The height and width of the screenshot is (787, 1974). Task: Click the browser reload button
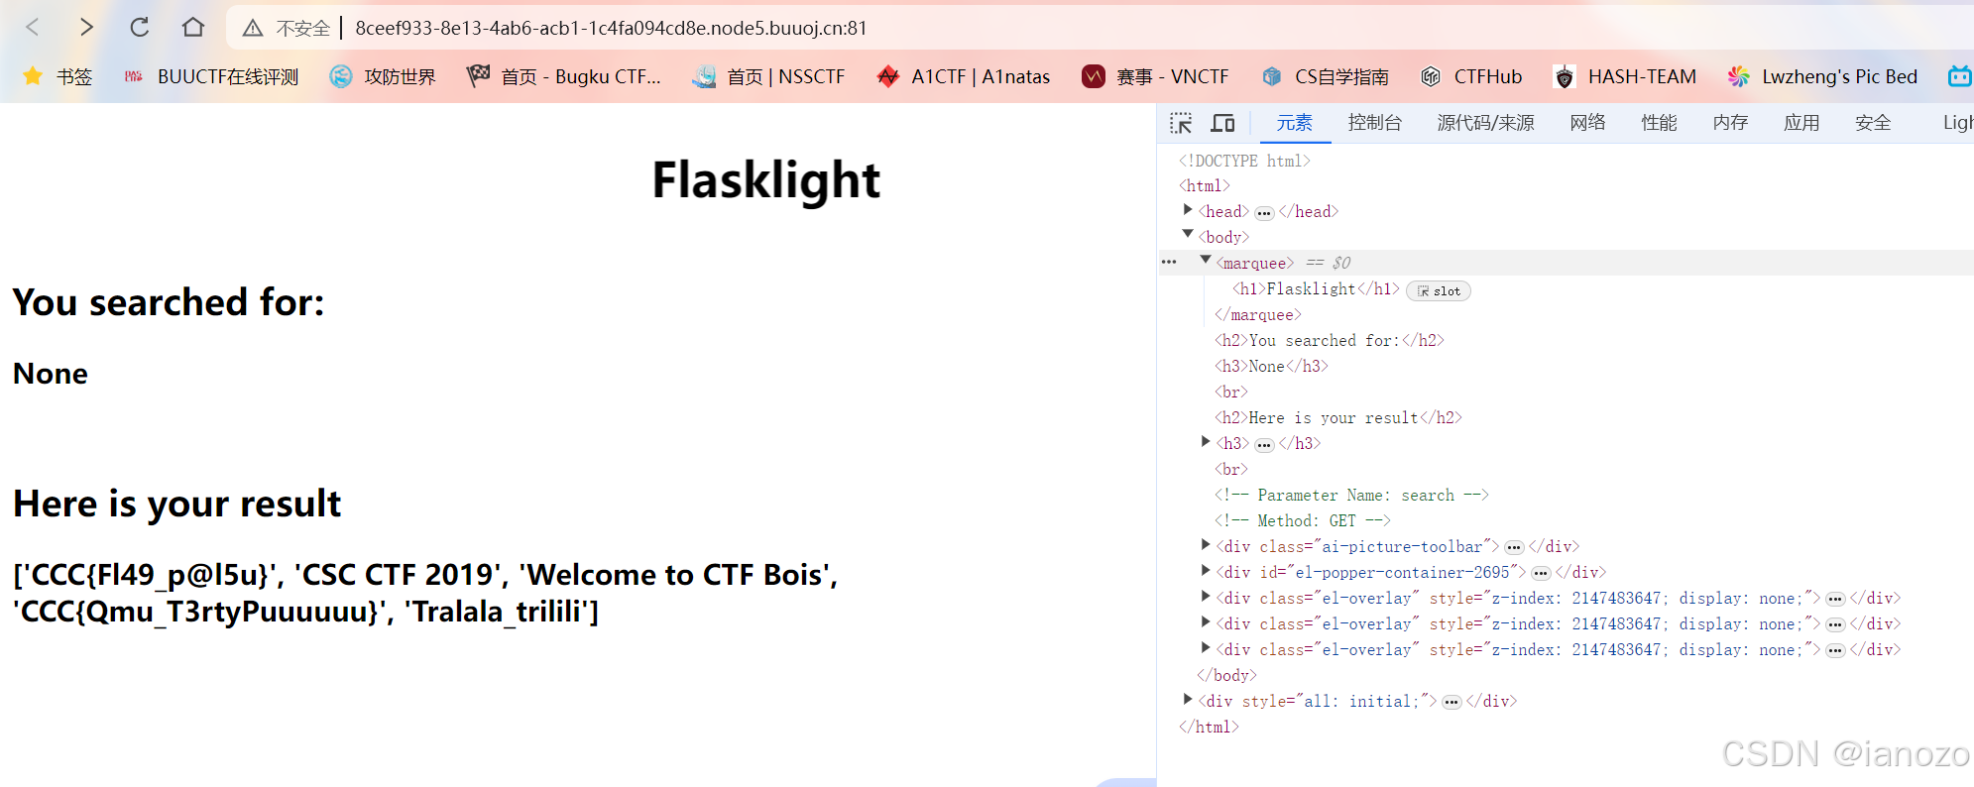[140, 28]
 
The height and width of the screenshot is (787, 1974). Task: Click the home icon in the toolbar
[193, 28]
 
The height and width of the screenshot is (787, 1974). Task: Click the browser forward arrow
[86, 28]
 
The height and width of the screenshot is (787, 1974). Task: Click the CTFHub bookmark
[1471, 76]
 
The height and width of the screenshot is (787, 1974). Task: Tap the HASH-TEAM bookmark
[1625, 76]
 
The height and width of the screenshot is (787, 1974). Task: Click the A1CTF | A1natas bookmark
[964, 76]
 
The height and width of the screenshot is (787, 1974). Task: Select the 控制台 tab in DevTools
[1374, 123]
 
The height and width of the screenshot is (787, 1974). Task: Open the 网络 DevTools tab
[1587, 123]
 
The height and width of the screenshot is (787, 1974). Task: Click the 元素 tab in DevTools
[1294, 123]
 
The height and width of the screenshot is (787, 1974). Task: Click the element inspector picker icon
[1181, 123]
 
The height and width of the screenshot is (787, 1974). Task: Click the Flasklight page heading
[765, 180]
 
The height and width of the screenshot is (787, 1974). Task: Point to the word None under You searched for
[51, 374]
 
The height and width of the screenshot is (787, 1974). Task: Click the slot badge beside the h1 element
[1439, 291]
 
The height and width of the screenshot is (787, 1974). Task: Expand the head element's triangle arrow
[1188, 210]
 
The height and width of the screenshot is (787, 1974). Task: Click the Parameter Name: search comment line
[1351, 496]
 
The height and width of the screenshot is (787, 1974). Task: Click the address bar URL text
[611, 28]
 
